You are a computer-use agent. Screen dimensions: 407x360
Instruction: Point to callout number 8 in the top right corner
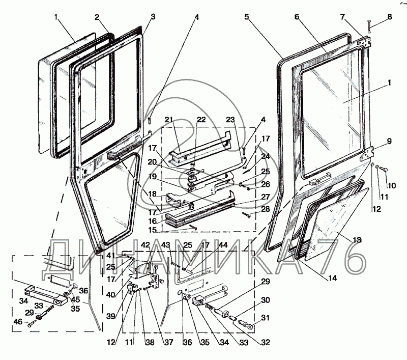pyautogui.click(x=390, y=17)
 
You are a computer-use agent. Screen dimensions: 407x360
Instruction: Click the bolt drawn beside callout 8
pyautogui.click(x=369, y=25)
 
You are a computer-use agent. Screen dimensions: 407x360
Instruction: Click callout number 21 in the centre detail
pyautogui.click(x=168, y=120)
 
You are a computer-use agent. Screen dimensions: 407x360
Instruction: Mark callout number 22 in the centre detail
pyautogui.click(x=201, y=120)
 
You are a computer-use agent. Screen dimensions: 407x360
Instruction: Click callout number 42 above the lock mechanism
pyautogui.click(x=146, y=245)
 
